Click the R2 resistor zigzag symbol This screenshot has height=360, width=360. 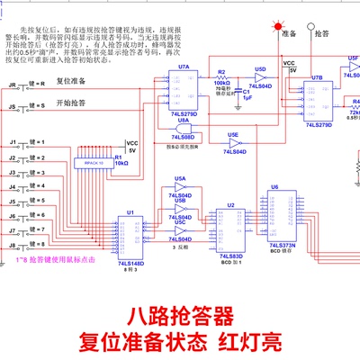pos(220,79)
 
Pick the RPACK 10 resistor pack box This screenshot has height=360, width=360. pos(91,162)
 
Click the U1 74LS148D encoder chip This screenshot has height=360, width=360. pos(130,238)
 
